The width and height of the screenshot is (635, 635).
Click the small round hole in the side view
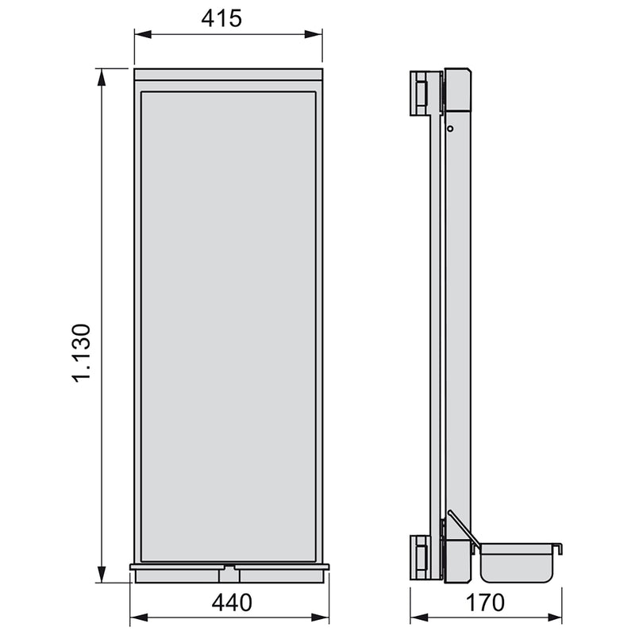click(x=449, y=128)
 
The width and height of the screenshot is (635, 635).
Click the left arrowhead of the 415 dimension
click(x=140, y=34)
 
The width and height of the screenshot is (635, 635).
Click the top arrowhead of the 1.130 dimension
click(x=102, y=75)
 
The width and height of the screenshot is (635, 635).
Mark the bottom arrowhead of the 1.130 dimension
click(x=102, y=575)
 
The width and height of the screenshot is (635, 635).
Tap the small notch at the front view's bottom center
click(x=229, y=568)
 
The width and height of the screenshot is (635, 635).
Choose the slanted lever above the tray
click(x=460, y=525)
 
